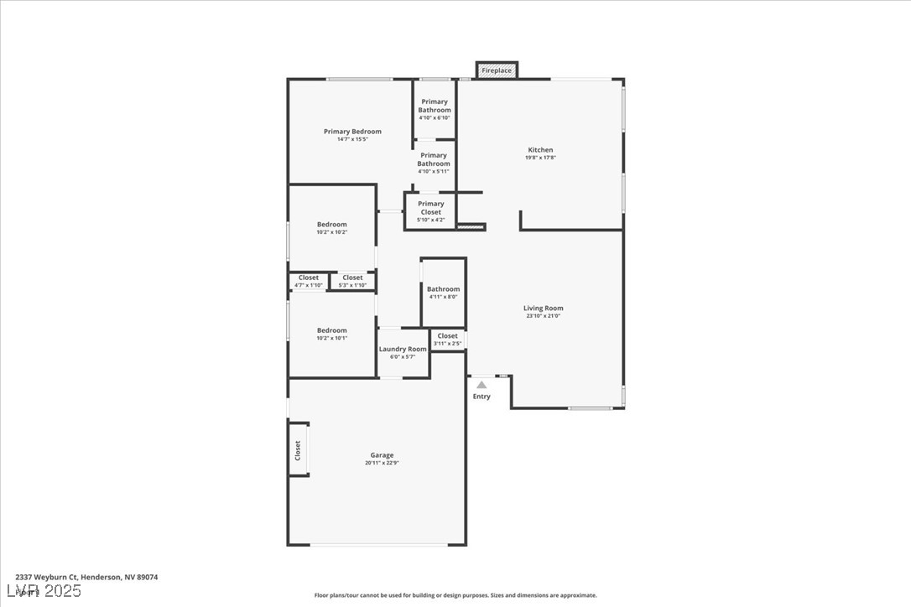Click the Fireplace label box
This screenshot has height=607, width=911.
pyautogui.click(x=497, y=70)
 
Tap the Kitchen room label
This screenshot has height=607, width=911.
pyautogui.click(x=540, y=150)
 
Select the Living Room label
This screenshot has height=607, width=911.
pyautogui.click(x=543, y=309)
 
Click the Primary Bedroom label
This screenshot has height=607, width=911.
pyautogui.click(x=352, y=132)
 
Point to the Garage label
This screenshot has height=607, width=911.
pyautogui.click(x=382, y=455)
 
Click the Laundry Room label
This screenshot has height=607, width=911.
pyautogui.click(x=403, y=349)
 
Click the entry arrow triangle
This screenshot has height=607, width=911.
pyautogui.click(x=482, y=385)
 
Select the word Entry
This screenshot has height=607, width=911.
pyautogui.click(x=482, y=397)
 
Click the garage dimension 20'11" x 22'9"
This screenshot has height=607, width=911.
pyautogui.click(x=382, y=463)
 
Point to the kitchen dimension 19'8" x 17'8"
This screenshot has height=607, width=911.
pyautogui.click(x=540, y=158)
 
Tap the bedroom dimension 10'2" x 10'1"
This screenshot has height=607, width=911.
pyautogui.click(x=331, y=339)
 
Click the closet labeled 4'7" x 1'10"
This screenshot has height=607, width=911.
pyautogui.click(x=308, y=281)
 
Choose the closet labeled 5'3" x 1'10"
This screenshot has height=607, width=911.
pyautogui.click(x=352, y=281)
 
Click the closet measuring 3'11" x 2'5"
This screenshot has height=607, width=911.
pyautogui.click(x=447, y=340)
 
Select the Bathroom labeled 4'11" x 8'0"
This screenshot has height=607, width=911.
pyautogui.click(x=443, y=293)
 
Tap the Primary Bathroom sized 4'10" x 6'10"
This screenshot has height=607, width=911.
pyautogui.click(x=435, y=109)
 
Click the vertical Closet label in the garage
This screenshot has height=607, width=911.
pyautogui.click(x=298, y=450)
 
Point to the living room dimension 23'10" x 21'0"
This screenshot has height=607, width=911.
pyautogui.click(x=543, y=317)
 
